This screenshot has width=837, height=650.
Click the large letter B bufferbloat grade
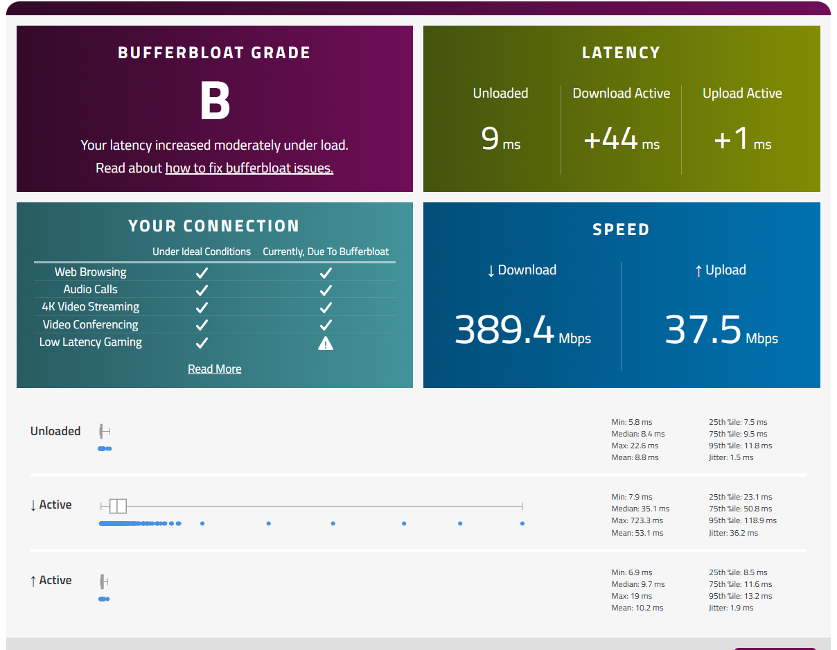click(x=215, y=100)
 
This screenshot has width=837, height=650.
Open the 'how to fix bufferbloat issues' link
click(x=249, y=168)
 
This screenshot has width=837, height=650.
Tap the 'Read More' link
click(x=215, y=369)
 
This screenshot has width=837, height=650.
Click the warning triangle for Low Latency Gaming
click(x=326, y=343)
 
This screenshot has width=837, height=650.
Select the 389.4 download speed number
click(x=504, y=330)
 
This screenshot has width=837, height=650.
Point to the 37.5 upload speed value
click(x=703, y=330)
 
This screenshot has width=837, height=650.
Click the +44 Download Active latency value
click(x=610, y=138)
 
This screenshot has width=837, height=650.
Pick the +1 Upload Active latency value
click(x=731, y=138)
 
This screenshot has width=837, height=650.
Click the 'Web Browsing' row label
click(x=91, y=272)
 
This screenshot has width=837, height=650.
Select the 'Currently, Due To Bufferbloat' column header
click(x=326, y=252)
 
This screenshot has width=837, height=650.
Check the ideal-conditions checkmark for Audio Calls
click(x=202, y=290)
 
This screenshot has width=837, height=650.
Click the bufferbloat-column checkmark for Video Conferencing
click(x=326, y=325)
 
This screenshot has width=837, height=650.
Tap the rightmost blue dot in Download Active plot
click(x=522, y=523)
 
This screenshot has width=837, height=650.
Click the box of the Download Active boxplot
click(x=118, y=506)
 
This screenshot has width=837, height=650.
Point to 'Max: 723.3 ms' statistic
click(x=637, y=520)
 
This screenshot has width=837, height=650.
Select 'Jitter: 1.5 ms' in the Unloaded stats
click(x=731, y=457)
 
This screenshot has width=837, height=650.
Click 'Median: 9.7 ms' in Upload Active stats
click(x=638, y=583)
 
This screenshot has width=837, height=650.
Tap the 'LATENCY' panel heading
click(x=622, y=53)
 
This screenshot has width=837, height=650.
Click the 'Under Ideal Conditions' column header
click(x=202, y=252)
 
